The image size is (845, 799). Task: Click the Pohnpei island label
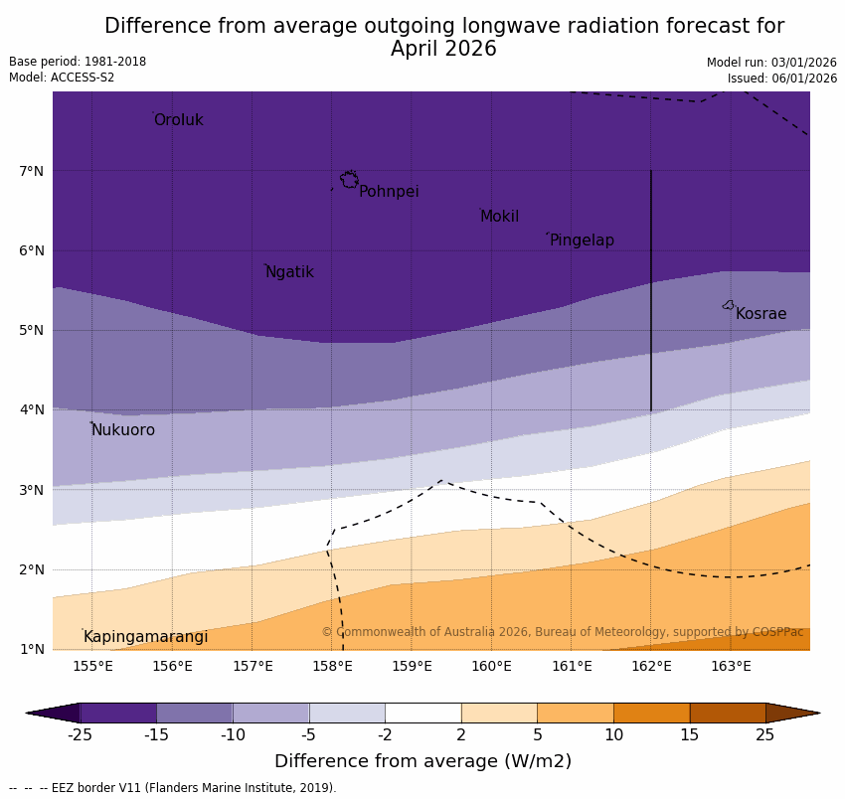pos(389,192)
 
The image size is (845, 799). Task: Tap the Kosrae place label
pos(760,314)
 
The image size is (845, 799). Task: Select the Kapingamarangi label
pos(145,637)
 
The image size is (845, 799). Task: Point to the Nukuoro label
pos(123,430)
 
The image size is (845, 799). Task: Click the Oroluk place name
pos(178,120)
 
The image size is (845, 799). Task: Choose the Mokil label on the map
pos(499,217)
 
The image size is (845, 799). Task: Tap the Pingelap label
pos(582,240)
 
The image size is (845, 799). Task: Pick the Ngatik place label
pos(289,272)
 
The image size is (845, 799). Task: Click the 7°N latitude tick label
pos(32,171)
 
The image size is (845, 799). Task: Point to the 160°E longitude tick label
pos(491,666)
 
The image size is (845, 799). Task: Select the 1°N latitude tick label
pos(32,649)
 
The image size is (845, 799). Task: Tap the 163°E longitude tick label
pos(731,666)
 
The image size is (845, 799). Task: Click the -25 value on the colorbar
pos(80,735)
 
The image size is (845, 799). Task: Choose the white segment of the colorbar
pos(422,713)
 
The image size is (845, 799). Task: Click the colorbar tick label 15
pos(690,735)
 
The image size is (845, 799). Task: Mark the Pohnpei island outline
pos(349,179)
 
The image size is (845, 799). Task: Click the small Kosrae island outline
pos(729,305)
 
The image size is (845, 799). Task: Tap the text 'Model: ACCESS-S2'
pos(62,78)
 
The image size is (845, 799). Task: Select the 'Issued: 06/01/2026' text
pos(781,79)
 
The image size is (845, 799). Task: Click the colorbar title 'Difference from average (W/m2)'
pos(422,762)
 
